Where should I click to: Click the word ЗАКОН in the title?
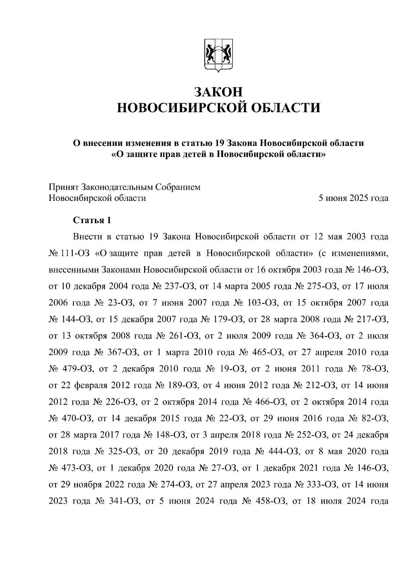click(219, 92)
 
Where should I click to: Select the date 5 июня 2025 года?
click(353, 198)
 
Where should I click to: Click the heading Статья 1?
click(92, 220)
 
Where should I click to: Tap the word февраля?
click(90, 386)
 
